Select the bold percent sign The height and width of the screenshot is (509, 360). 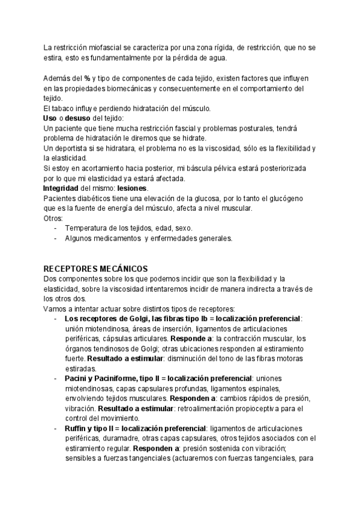click(x=87, y=79)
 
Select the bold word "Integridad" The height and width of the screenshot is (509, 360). click(x=65, y=188)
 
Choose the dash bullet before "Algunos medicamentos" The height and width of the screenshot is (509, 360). click(x=55, y=238)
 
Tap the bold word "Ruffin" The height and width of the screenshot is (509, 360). click(x=77, y=428)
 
